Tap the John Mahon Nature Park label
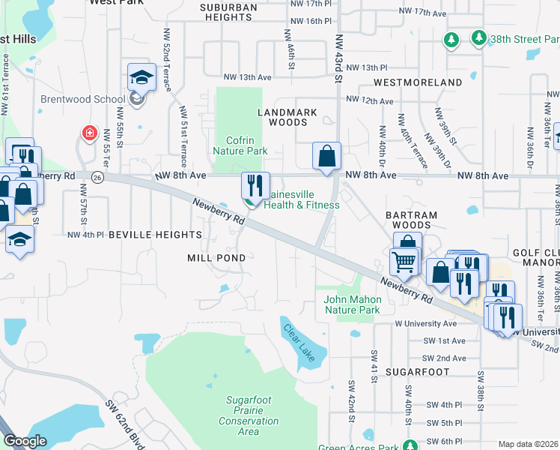tap(352, 304)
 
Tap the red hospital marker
tap(90, 133)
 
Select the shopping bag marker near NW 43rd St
tap(327, 157)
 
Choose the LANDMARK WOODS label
tap(287, 117)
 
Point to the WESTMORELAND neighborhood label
tap(418, 82)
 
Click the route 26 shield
tap(97, 177)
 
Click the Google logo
tap(25, 441)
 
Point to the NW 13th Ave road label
tap(247, 77)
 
